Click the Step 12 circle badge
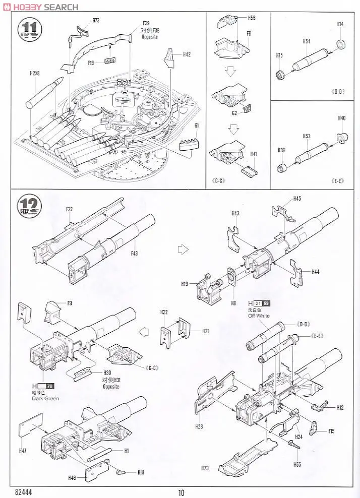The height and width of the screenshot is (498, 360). pyautogui.click(x=28, y=205)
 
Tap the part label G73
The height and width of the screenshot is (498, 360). pyautogui.click(x=96, y=21)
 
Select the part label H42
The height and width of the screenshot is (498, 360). pyautogui.click(x=187, y=54)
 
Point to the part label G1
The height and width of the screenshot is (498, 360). pyautogui.click(x=197, y=125)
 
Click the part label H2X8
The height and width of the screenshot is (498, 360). pyautogui.click(x=34, y=73)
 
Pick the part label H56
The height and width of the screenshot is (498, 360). pyautogui.click(x=252, y=18)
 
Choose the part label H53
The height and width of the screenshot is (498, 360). pyautogui.click(x=306, y=136)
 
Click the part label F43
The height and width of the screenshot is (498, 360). pyautogui.click(x=134, y=254)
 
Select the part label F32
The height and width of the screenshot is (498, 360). pyautogui.click(x=70, y=209)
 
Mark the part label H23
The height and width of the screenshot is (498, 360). pyautogui.click(x=205, y=468)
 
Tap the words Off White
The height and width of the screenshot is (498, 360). pyautogui.click(x=259, y=316)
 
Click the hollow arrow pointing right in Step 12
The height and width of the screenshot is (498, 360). pyautogui.click(x=184, y=248)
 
